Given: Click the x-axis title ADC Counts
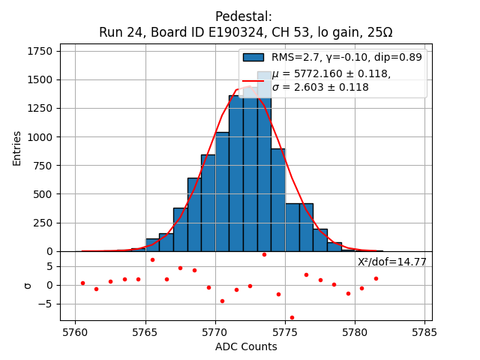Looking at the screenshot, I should click(x=246, y=346).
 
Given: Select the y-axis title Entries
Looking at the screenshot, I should click(x=17, y=147).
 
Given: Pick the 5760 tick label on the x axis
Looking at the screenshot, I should click(x=75, y=331).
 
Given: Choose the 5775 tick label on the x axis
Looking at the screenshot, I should click(x=284, y=331).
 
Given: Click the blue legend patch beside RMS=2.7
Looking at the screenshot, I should click(x=253, y=57).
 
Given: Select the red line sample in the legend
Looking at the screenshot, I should click(x=253, y=80).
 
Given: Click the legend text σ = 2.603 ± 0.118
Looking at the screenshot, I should click(x=320, y=87).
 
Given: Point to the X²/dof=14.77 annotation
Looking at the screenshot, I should click(x=391, y=262).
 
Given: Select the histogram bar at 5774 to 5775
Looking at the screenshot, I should click(x=277, y=200).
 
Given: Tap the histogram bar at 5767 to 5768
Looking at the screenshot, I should click(x=180, y=229).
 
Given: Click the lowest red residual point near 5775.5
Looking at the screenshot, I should click(x=292, y=317).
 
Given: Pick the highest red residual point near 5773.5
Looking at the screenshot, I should click(x=264, y=254).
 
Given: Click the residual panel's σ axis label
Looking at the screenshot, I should click(x=28, y=285).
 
